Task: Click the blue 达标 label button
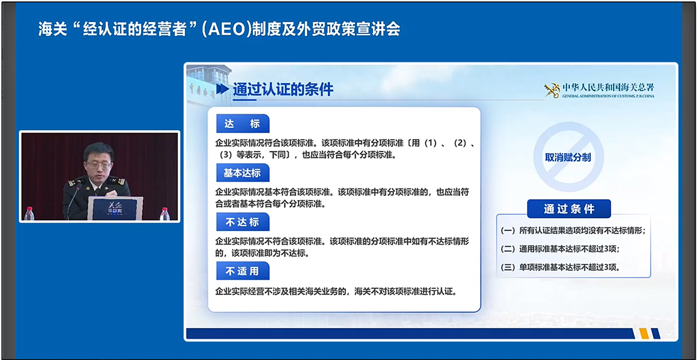point(243,123)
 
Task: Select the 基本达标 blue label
point(243,173)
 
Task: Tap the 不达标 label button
point(243,222)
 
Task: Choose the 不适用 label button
point(243,271)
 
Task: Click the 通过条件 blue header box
point(569,209)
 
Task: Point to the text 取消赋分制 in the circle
point(568,158)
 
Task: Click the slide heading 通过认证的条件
point(283,90)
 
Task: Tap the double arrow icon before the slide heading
point(223,89)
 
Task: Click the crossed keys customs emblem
point(552,90)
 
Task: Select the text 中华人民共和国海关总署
point(608,88)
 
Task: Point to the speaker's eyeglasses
point(99,165)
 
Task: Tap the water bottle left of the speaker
point(29,213)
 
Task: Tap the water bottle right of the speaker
point(165,214)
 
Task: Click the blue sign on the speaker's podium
point(115,208)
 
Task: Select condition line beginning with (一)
point(573,231)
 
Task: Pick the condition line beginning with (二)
point(560,249)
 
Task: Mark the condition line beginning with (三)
point(561,267)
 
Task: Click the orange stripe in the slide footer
point(644,333)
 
